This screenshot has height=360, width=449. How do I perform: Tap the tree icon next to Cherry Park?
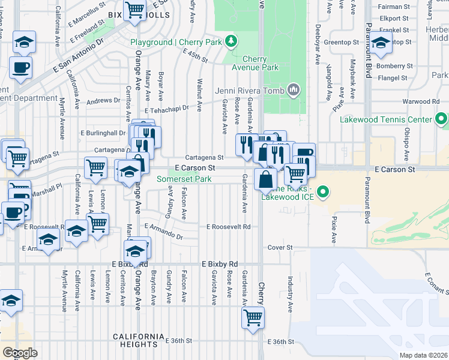[230, 41]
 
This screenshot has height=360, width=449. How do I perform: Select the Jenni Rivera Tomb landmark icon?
[293, 91]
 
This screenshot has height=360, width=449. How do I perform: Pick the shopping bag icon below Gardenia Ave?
[265, 179]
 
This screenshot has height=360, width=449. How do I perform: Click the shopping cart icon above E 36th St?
[253, 317]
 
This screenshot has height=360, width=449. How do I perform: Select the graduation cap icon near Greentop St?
[380, 43]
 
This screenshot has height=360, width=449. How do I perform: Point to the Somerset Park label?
[184, 179]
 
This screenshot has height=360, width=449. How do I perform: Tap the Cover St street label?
[280, 247]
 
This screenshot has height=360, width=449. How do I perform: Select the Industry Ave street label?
[290, 295]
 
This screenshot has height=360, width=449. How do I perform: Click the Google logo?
[20, 352]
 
